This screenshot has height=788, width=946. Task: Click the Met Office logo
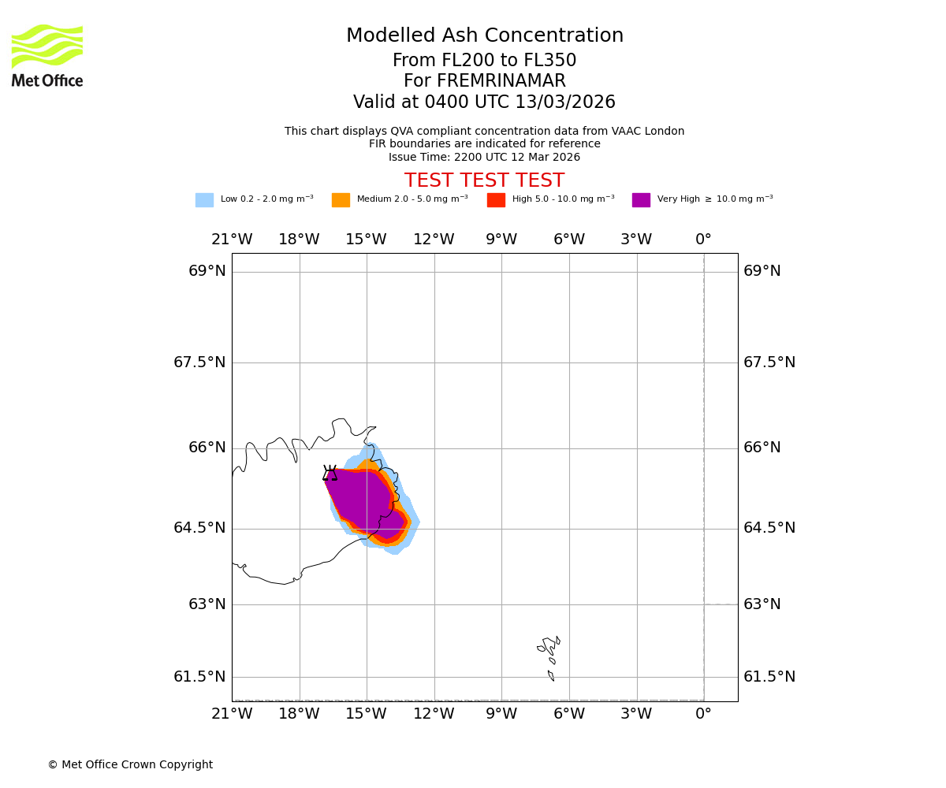47,56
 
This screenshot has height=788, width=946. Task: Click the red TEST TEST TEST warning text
484,180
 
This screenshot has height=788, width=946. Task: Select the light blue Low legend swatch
204,200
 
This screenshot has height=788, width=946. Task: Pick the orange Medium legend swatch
341,200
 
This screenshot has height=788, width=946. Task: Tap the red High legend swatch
496,200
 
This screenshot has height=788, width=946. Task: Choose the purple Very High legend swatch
641,200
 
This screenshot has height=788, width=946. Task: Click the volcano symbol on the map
330,473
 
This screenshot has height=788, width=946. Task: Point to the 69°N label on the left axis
207,271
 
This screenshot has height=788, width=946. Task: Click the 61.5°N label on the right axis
769,677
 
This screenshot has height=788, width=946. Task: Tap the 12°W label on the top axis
434,240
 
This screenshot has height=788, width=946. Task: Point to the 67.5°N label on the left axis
199,362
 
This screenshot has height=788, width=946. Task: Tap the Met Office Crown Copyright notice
130,765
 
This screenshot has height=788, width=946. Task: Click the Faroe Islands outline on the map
549,649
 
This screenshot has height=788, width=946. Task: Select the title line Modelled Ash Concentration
484,36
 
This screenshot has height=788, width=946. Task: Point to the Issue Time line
484,157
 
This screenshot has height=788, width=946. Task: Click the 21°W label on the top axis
232,240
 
